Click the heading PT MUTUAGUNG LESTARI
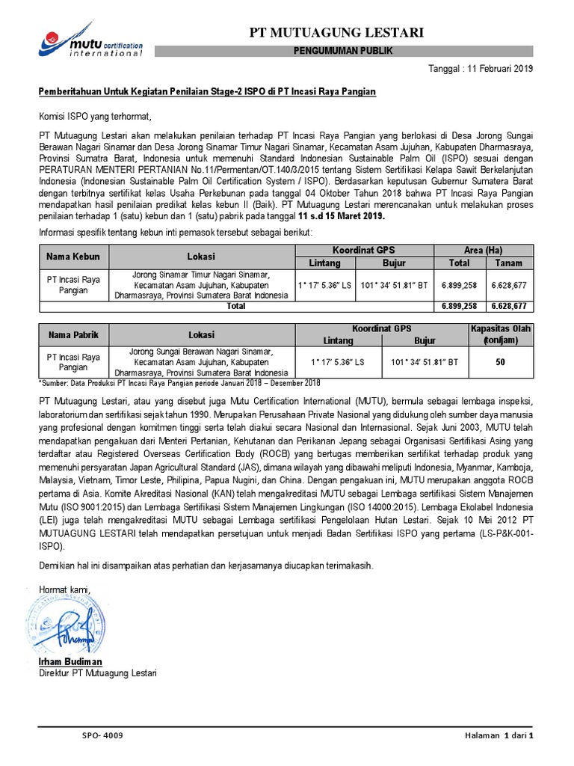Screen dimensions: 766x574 tap(336, 32)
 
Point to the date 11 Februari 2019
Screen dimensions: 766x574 tap(498, 69)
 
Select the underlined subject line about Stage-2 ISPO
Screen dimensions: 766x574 tap(207, 91)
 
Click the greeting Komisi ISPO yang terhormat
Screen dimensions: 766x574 tap(95, 117)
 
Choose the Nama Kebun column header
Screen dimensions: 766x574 tap(74, 256)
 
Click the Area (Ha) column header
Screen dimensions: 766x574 tap(483, 249)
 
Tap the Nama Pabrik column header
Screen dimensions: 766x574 tap(74, 334)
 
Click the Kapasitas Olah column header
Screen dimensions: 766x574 tap(499, 334)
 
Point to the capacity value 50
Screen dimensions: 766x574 tap(499, 362)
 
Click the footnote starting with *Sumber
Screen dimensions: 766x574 tap(179, 383)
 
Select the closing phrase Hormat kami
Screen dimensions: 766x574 tap(64, 591)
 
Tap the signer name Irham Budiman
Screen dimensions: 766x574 tap(70, 663)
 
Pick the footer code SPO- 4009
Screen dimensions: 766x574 tap(102, 736)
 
